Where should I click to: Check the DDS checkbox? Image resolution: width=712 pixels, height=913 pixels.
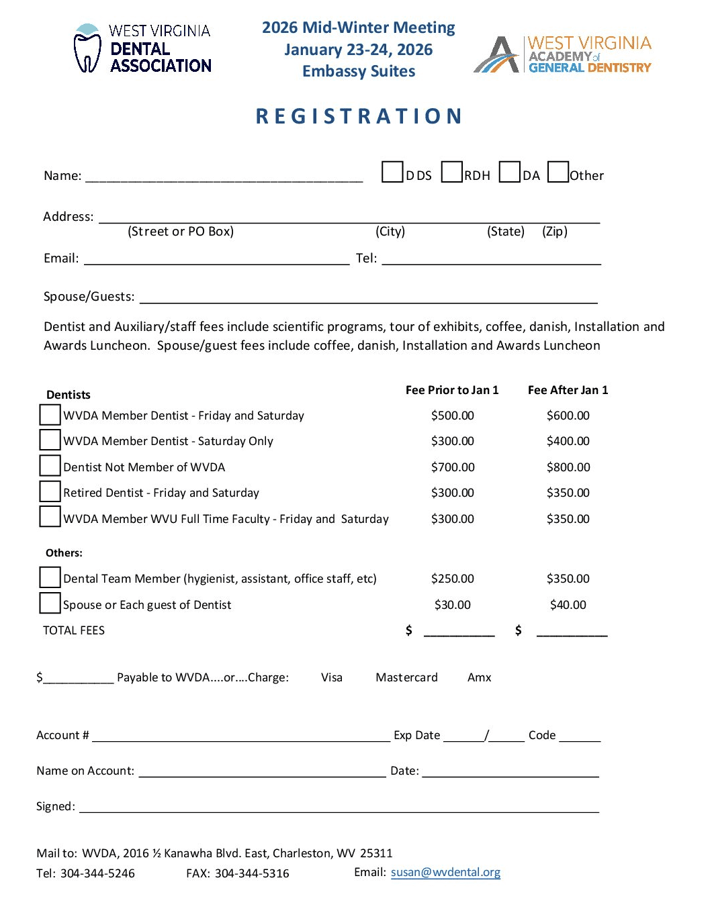click(392, 172)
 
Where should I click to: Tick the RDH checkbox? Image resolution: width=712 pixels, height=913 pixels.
click(452, 172)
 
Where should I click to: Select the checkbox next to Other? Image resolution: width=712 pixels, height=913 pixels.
click(558, 172)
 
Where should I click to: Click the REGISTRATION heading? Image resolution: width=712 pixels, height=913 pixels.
click(359, 116)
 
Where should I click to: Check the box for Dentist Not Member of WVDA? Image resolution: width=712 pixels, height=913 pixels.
click(50, 466)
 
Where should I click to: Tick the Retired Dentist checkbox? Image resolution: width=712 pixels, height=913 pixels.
click(50, 491)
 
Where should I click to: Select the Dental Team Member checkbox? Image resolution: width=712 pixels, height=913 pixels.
click(50, 577)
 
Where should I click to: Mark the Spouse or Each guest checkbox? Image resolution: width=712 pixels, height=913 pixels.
click(50, 603)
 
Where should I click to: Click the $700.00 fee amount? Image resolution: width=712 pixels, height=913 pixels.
click(453, 467)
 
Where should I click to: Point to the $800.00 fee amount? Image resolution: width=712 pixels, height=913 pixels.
click(568, 467)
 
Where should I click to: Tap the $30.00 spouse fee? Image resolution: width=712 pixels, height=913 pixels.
click(453, 605)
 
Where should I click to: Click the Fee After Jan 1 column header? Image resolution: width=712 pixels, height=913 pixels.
click(568, 390)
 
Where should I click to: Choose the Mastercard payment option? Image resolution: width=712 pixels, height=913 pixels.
click(406, 677)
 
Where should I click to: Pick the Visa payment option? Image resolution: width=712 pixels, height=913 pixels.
click(332, 677)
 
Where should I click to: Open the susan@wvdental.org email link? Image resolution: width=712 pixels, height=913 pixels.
click(445, 872)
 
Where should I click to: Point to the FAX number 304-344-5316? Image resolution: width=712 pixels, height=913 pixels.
click(252, 873)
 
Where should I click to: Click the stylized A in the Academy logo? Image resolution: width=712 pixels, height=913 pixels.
click(498, 55)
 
